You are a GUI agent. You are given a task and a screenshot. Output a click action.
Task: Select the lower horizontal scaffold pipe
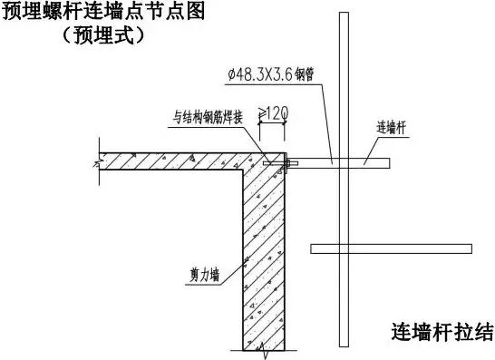tap(391, 248)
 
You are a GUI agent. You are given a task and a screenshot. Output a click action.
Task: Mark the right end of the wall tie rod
tap(388, 162)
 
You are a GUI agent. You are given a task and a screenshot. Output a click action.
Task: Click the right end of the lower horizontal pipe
tap(470, 248)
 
